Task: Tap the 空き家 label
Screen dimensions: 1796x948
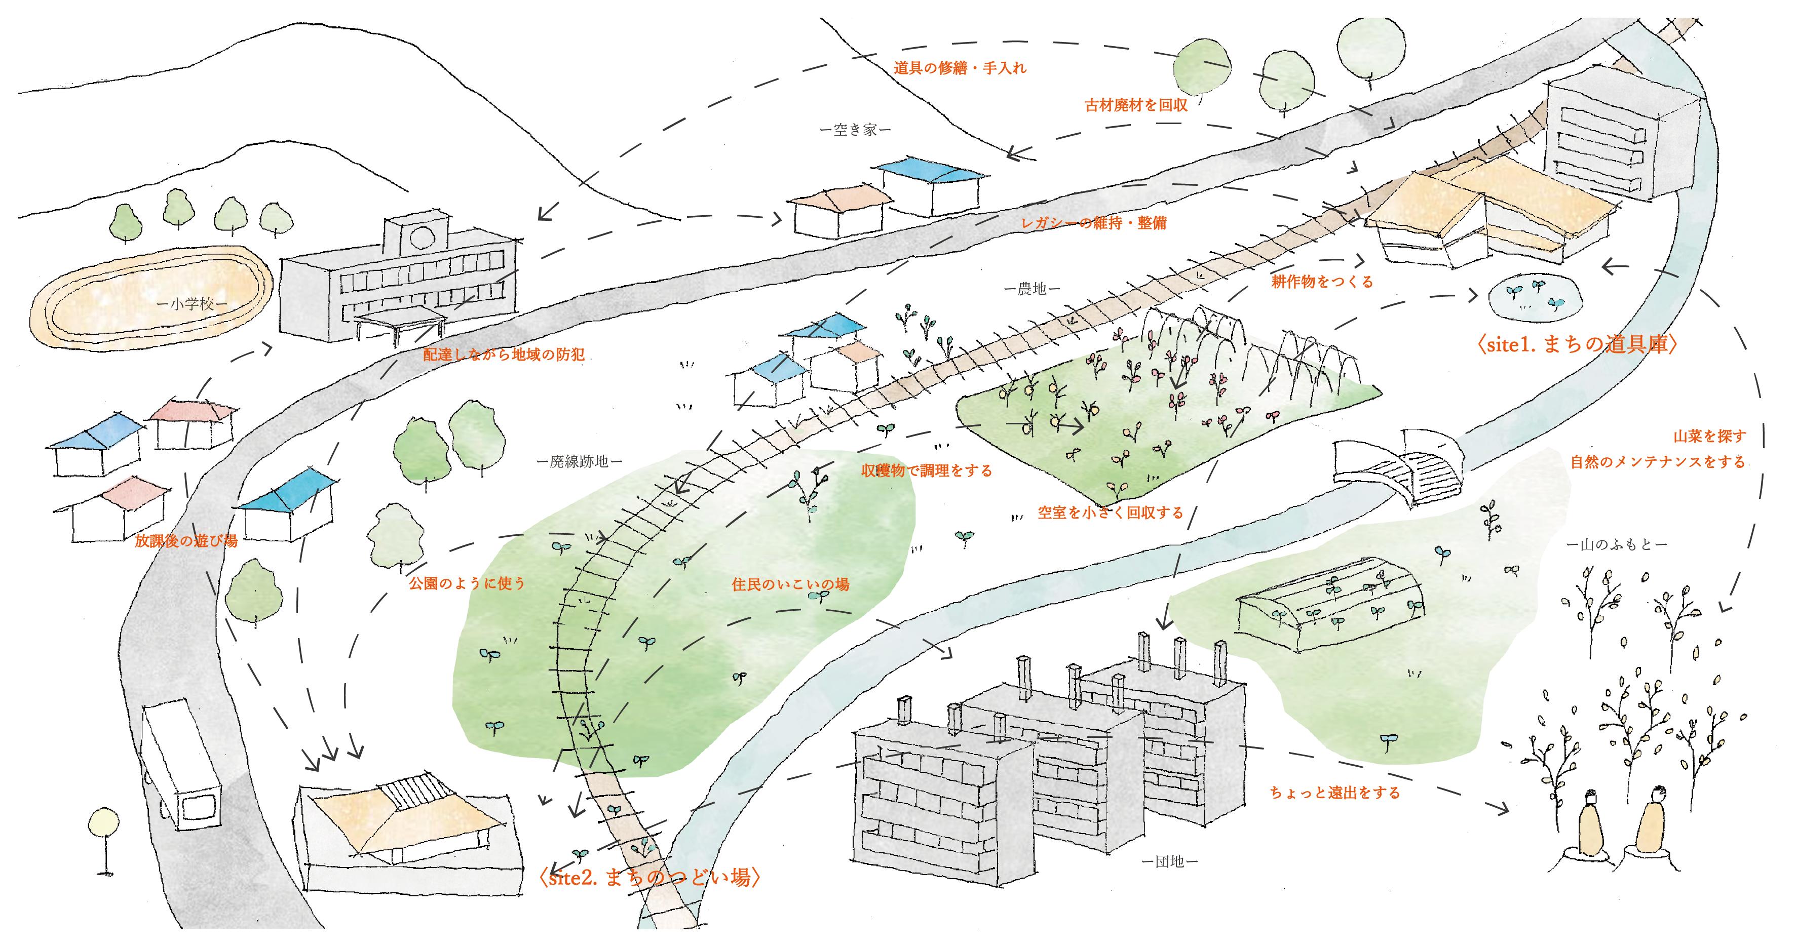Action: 856,130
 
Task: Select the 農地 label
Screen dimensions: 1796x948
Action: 1033,289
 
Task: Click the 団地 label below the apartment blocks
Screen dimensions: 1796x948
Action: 1169,861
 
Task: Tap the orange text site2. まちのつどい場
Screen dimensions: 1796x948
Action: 649,877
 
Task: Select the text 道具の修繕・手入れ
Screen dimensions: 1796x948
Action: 960,68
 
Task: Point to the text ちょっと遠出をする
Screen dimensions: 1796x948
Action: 1334,793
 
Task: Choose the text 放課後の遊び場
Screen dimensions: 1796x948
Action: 186,541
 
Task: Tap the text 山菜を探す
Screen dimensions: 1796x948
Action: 1709,437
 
